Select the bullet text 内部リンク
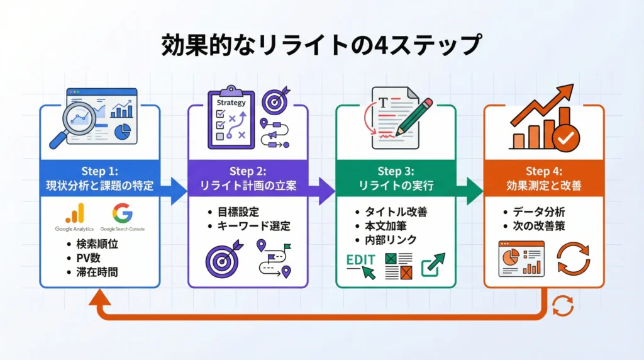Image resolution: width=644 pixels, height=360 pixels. [391, 240]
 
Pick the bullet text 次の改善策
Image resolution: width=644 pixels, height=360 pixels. [539, 226]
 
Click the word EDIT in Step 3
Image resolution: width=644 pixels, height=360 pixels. [361, 260]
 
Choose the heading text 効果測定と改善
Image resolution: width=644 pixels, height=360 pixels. [543, 186]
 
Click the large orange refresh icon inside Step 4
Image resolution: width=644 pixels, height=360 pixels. [573, 259]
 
